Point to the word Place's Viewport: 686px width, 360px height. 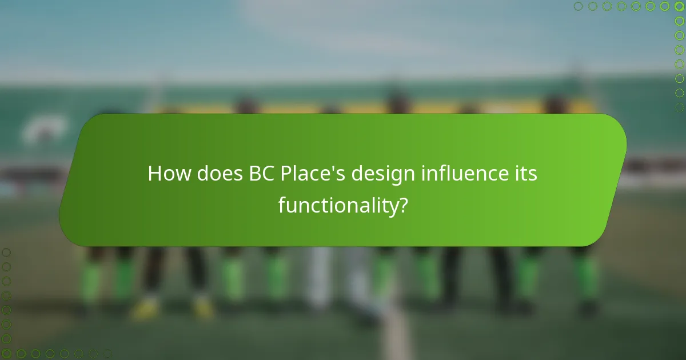(313, 174)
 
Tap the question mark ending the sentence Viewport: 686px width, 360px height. (402, 205)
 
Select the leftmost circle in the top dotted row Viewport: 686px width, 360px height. (579, 6)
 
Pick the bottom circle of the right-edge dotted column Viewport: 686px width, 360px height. (679, 107)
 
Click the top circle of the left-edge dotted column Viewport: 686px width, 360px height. (6, 252)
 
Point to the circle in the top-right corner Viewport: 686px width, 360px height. (679, 6)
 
